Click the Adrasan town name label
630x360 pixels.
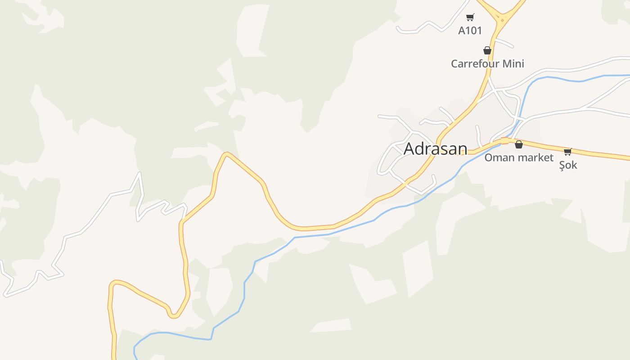pos(435,149)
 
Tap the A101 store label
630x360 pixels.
pos(470,31)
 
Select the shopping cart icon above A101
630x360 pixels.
pos(470,18)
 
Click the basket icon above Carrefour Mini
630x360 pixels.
pos(487,50)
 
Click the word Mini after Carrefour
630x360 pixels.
pos(513,64)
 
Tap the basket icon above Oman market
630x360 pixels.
pos(519,144)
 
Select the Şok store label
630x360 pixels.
pos(568,165)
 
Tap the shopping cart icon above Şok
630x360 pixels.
pos(568,152)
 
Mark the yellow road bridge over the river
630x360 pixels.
pos(505,141)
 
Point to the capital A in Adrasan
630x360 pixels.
pos(409,149)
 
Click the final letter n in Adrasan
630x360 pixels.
pos(462,149)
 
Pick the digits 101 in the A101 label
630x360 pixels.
pos(473,31)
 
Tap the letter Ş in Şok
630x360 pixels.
pos(562,165)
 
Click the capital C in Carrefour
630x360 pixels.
pos(454,64)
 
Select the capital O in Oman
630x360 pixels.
pos(488,158)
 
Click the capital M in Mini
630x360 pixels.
pos(506,64)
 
